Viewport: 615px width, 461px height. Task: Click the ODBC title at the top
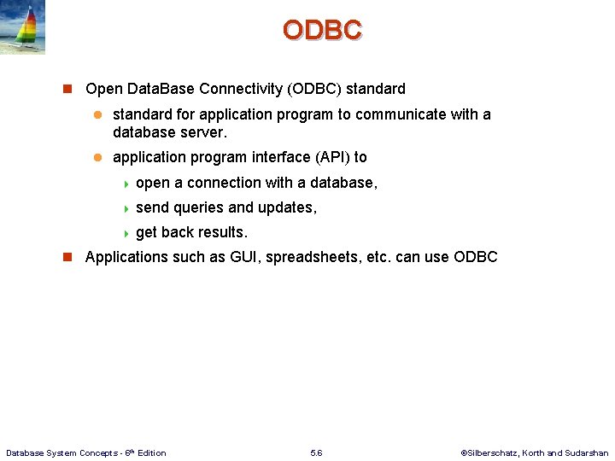[322, 30]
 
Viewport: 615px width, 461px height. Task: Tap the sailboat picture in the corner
[23, 27]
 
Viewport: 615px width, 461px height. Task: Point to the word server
[202, 133]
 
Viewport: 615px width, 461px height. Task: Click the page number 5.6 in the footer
[316, 453]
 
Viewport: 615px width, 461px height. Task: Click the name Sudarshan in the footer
[588, 453]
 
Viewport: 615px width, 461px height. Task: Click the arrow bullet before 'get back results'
[126, 233]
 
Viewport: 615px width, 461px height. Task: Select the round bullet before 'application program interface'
[97, 158]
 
